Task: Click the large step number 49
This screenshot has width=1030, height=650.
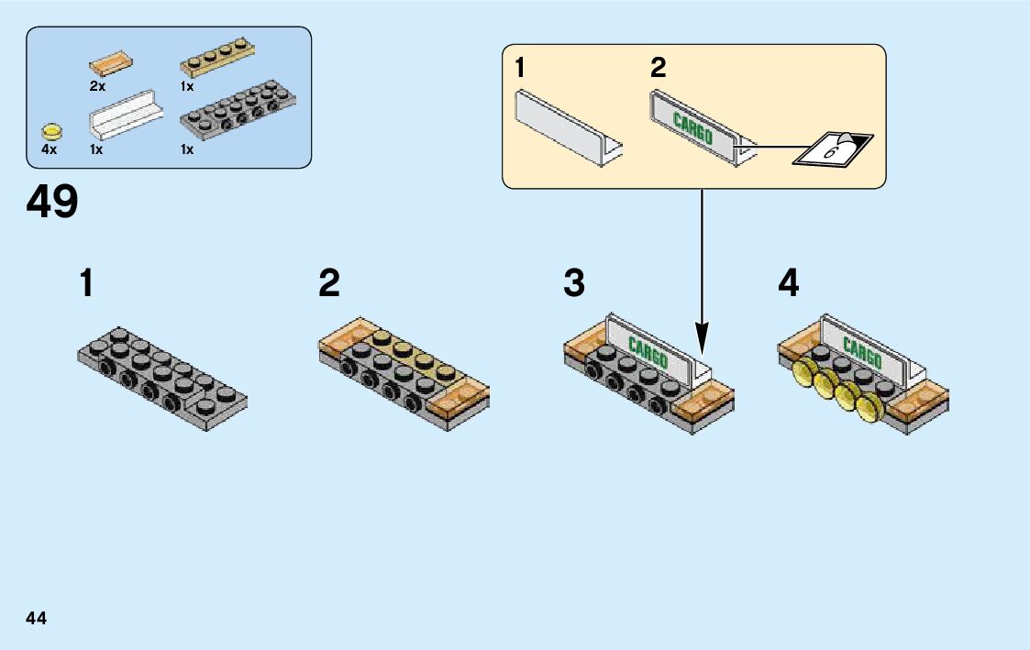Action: coord(53,202)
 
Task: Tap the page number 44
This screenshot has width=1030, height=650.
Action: coord(37,618)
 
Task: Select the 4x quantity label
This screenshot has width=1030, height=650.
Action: coord(49,149)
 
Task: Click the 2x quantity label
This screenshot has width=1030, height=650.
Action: coord(98,86)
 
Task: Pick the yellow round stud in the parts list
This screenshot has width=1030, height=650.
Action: coord(53,130)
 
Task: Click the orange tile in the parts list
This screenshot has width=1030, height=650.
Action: coord(111,65)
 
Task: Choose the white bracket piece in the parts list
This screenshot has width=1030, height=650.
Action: coord(126,116)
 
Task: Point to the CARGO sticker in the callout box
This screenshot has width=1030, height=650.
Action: coord(693,127)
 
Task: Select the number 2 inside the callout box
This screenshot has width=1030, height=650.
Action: coord(658,69)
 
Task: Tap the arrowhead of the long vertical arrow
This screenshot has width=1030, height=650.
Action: coord(702,345)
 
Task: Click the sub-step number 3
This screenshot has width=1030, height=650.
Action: coord(574,284)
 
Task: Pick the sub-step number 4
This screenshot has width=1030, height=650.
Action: coord(788,284)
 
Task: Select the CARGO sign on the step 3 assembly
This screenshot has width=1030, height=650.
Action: coord(648,352)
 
